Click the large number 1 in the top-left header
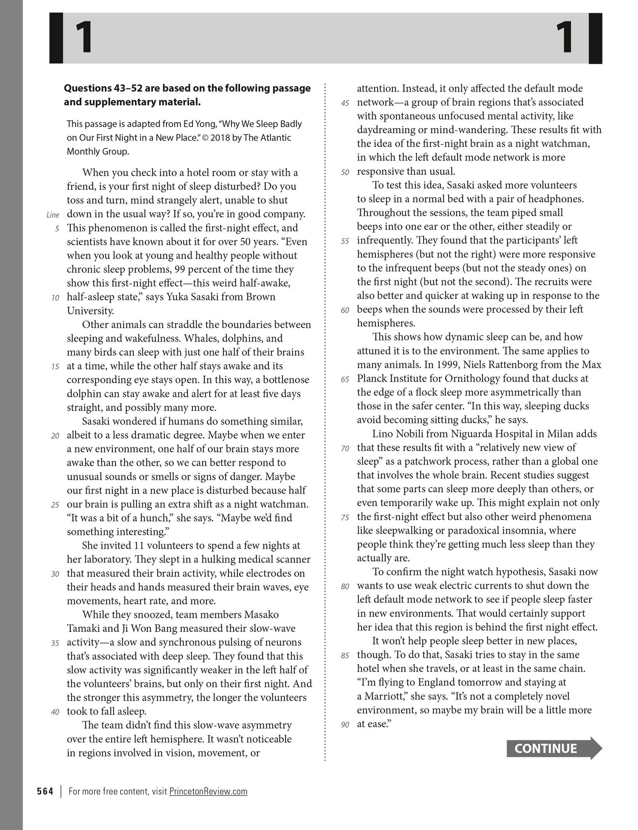pos(84,38)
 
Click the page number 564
pos(45,791)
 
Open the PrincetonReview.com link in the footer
pos(208,791)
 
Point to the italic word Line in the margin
pos(53,215)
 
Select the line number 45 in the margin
pos(345,103)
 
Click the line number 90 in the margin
pos(345,725)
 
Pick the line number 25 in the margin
pos(55,505)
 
